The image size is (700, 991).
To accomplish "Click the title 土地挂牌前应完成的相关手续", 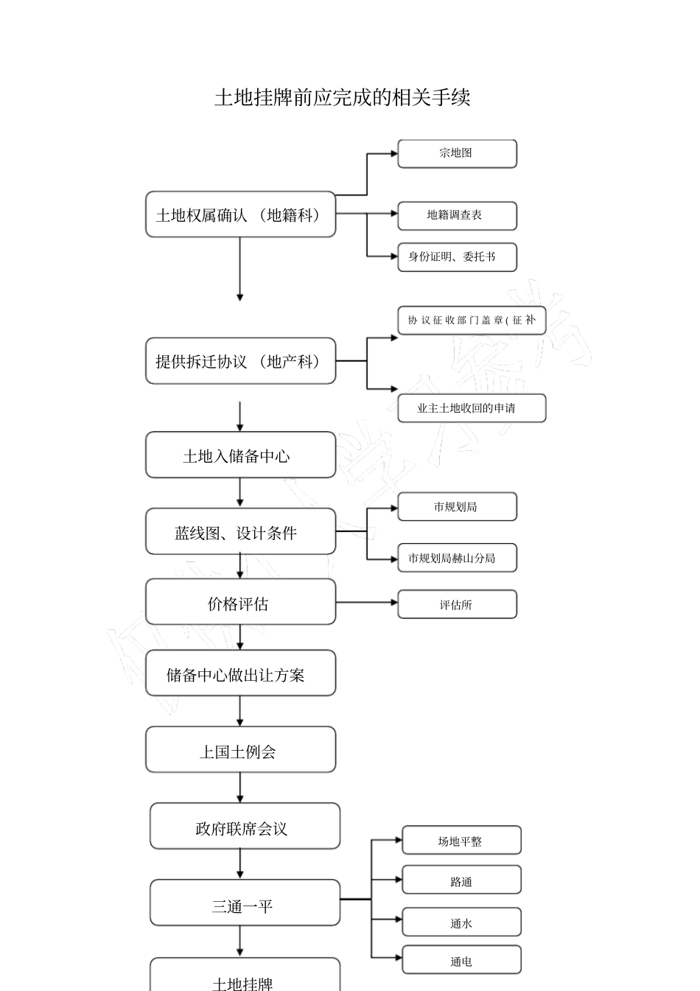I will [342, 97].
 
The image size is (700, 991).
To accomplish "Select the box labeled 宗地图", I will [457, 153].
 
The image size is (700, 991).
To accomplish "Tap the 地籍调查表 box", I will [457, 215].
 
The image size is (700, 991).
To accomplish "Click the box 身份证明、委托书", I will [457, 257].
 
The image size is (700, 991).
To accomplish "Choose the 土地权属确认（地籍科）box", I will [240, 214].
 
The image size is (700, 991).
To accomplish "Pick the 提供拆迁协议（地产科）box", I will [240, 361].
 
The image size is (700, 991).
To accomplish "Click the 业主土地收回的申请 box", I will [472, 408].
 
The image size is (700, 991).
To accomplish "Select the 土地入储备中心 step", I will [240, 455].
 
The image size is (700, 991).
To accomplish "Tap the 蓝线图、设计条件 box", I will [240, 532].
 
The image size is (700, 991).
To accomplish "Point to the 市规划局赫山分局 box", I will [457, 558].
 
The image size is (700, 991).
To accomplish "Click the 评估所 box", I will [457, 604].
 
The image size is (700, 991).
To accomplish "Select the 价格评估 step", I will [240, 603].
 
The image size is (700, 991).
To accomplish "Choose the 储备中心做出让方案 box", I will [240, 673].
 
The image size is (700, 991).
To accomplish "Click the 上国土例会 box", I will [240, 750].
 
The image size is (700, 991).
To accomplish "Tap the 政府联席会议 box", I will [245, 827].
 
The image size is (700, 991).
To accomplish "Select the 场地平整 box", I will [461, 841].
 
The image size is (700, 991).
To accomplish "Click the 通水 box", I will [461, 922].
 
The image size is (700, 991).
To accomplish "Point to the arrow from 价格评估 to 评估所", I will [366, 603].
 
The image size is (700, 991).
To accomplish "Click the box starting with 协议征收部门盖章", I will [472, 321].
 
